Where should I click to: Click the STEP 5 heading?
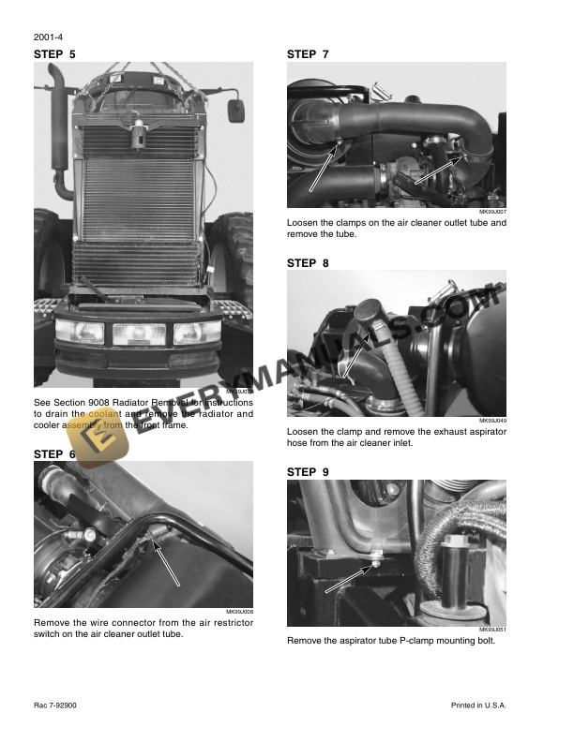[54, 54]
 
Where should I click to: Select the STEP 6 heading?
[54, 454]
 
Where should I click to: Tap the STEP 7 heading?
[308, 54]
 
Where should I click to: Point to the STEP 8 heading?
[308, 263]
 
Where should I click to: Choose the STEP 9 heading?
[308, 472]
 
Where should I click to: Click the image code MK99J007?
[492, 212]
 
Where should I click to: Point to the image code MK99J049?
[492, 421]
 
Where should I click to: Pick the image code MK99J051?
[492, 630]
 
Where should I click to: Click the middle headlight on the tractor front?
[138, 333]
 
